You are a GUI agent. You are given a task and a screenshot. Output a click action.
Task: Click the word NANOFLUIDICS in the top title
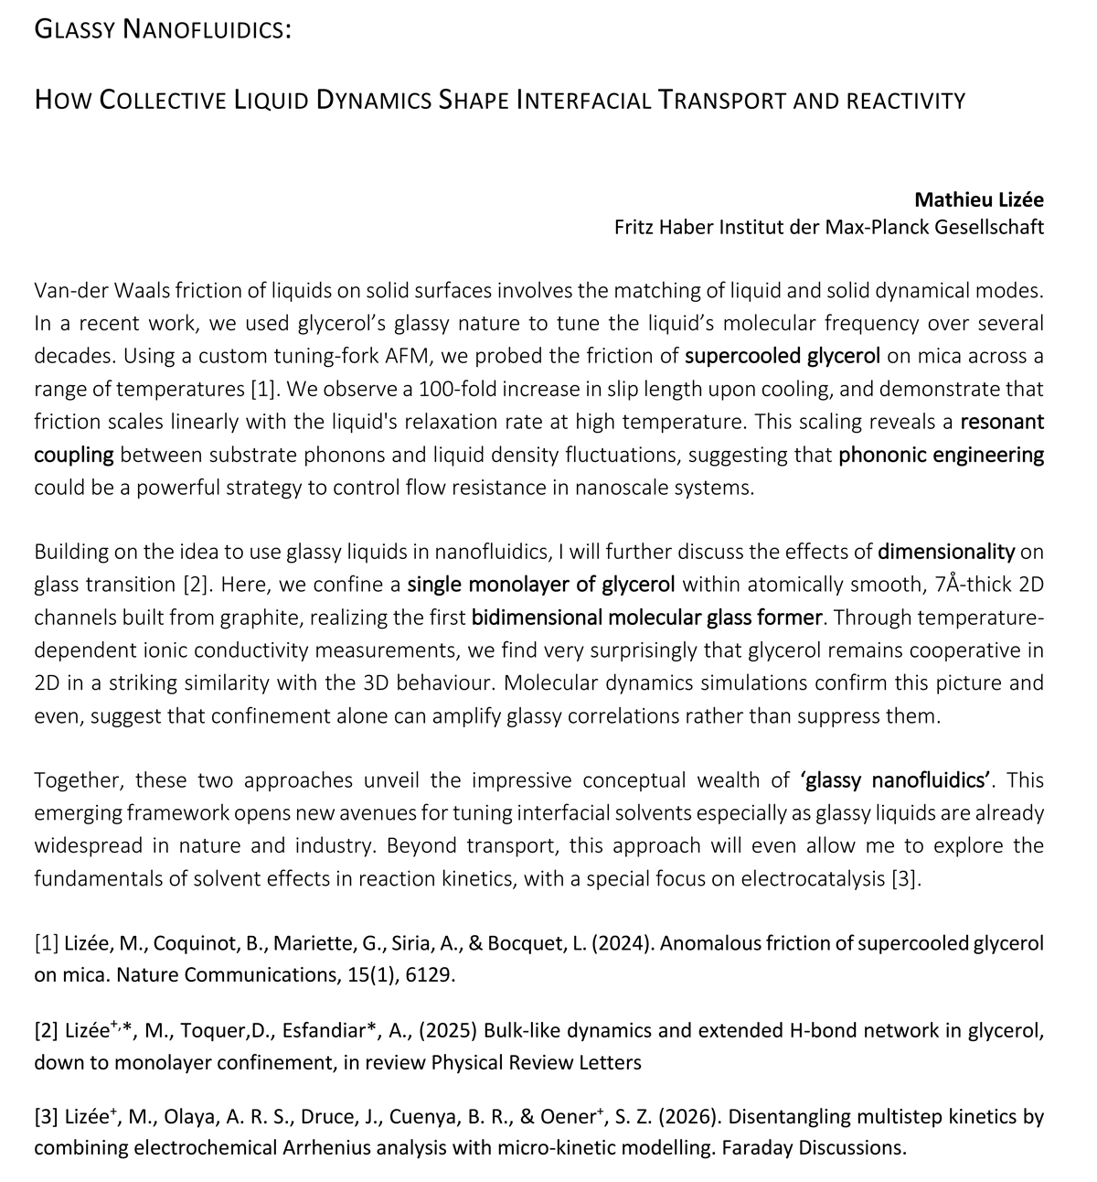click(207, 30)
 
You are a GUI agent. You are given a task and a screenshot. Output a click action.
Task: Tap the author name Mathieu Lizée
click(979, 199)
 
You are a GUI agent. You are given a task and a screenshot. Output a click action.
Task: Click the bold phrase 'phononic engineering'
click(941, 455)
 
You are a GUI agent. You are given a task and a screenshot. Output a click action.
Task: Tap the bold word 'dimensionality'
click(946, 552)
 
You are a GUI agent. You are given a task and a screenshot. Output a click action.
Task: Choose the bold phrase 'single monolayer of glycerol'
click(541, 585)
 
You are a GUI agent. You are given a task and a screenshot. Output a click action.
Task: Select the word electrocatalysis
click(814, 879)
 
